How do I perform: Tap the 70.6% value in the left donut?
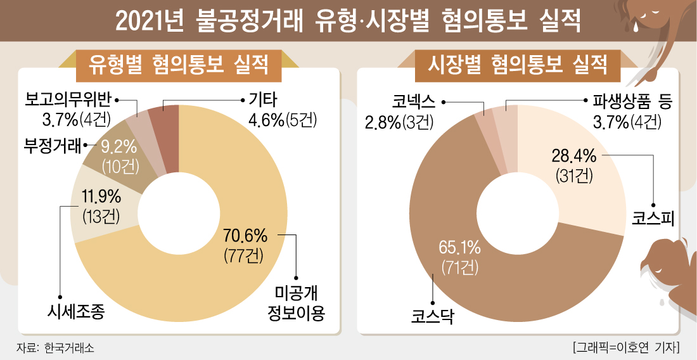click(245, 237)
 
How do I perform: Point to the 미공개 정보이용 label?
click(300, 303)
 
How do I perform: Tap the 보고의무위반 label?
click(68, 100)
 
